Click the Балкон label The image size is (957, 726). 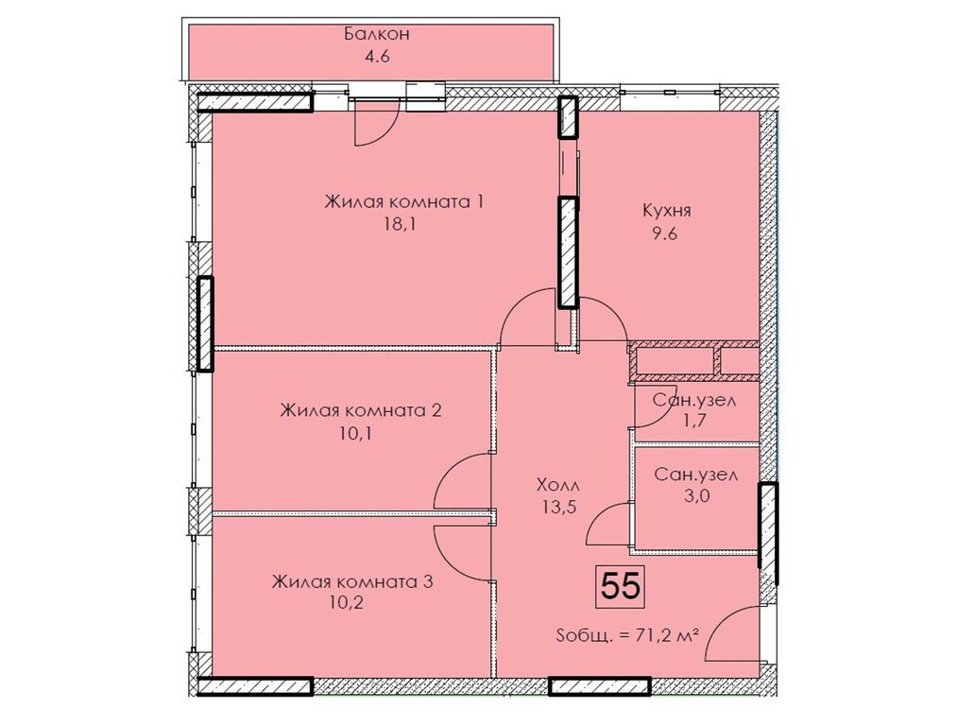click(x=376, y=34)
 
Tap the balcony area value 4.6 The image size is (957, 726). click(x=377, y=58)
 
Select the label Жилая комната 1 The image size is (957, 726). click(x=404, y=201)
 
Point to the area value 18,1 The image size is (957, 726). click(x=404, y=225)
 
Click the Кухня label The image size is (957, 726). click(x=666, y=211)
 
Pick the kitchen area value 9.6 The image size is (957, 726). click(x=665, y=234)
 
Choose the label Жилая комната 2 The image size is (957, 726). click(x=361, y=409)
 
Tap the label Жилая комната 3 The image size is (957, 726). click(x=352, y=580)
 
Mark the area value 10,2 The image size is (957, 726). click(x=346, y=604)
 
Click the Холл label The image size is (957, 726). click(x=557, y=486)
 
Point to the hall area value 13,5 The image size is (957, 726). click(x=557, y=508)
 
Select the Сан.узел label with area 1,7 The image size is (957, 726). click(x=694, y=401)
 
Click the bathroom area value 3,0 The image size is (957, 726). click(x=696, y=496)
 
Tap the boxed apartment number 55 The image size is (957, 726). click(x=621, y=587)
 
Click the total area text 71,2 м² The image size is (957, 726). click(x=667, y=636)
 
